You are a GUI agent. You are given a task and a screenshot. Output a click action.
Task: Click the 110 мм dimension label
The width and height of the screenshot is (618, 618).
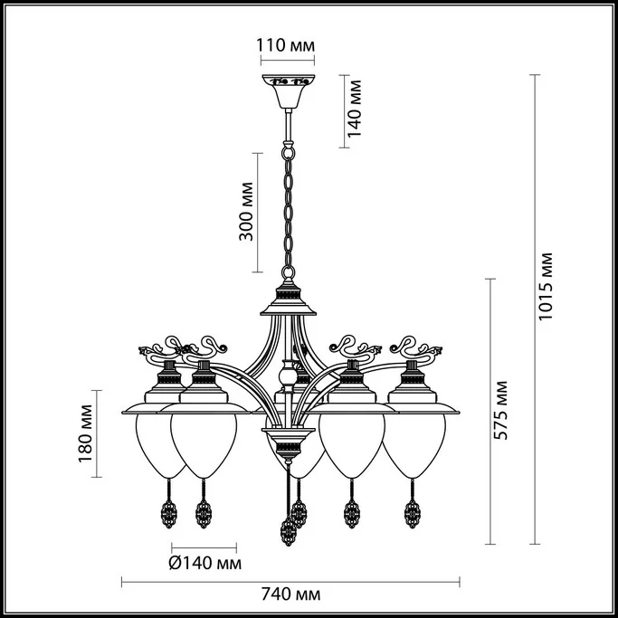click(x=286, y=45)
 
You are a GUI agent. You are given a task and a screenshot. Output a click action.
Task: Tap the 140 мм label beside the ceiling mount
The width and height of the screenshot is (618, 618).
click(x=354, y=109)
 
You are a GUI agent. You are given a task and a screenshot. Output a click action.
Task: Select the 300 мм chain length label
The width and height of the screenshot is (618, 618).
click(x=246, y=212)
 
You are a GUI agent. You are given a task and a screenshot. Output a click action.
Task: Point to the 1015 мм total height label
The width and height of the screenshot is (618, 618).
click(x=546, y=286)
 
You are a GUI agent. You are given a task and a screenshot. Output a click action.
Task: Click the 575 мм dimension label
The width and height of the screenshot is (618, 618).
click(x=501, y=410)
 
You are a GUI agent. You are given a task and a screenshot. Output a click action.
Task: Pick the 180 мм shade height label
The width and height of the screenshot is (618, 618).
click(x=86, y=433)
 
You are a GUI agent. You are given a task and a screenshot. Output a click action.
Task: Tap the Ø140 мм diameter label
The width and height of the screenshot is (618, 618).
click(x=205, y=564)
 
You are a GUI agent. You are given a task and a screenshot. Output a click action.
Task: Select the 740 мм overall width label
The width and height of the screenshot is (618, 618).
click(x=290, y=594)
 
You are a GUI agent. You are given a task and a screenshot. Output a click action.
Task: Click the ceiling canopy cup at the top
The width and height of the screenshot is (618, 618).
click(x=289, y=91)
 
